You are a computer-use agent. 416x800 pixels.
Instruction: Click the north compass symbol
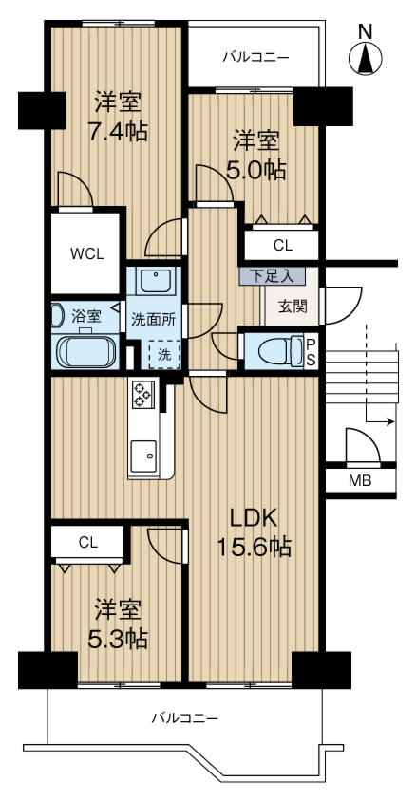click(x=365, y=57)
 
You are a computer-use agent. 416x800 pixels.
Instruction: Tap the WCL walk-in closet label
click(x=86, y=253)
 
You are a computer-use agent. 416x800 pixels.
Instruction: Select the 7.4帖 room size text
click(x=118, y=132)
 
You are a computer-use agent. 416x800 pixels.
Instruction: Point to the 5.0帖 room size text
click(x=255, y=171)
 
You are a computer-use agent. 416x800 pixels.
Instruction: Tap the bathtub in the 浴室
click(x=85, y=352)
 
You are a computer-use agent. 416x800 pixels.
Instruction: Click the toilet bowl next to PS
click(x=280, y=351)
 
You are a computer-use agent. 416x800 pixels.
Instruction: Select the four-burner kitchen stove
click(x=142, y=395)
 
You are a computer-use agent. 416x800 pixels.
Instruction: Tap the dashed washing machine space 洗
click(x=164, y=355)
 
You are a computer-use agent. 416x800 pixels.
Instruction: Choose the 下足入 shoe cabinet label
click(x=272, y=276)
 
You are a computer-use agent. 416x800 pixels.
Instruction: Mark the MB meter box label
click(x=360, y=480)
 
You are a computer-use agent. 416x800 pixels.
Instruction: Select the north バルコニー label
click(x=255, y=57)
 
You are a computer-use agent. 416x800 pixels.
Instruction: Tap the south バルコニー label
click(x=185, y=719)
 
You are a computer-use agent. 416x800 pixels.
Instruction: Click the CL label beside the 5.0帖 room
click(x=283, y=246)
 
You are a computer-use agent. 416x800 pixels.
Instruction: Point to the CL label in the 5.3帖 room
click(x=87, y=543)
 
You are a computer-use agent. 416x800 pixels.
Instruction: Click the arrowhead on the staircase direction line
click(x=390, y=422)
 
